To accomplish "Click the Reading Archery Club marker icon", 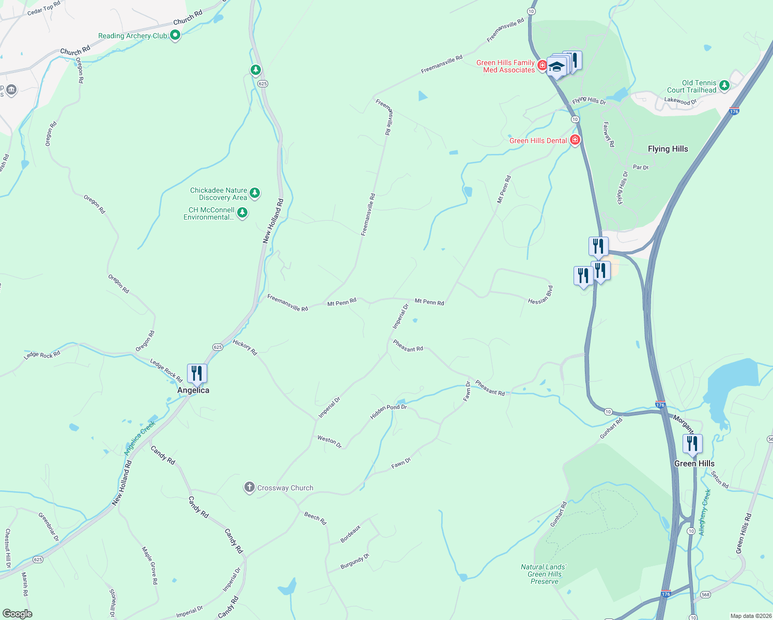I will tap(175, 35).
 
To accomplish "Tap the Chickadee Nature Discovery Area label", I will tap(219, 194).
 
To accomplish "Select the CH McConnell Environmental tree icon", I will tap(242, 212).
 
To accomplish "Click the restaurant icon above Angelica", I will tap(197, 373).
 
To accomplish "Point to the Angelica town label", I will tap(193, 391).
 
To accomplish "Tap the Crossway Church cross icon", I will tap(249, 487).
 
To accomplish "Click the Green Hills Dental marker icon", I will tap(575, 140).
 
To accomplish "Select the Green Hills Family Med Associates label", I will tap(505, 66).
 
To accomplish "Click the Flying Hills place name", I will tap(668, 149).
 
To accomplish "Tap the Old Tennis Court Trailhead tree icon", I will tap(724, 85).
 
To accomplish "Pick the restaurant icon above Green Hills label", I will tap(692, 444).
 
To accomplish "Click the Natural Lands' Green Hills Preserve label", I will tap(544, 574).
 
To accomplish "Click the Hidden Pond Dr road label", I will tap(388, 411).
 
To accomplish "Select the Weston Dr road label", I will tap(329, 442).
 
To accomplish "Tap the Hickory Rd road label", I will tap(245, 347).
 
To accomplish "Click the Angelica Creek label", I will tap(140, 438).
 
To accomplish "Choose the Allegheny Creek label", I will tap(705, 512).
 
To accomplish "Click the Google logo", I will tap(17, 614).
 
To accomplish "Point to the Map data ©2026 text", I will tap(748, 616).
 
